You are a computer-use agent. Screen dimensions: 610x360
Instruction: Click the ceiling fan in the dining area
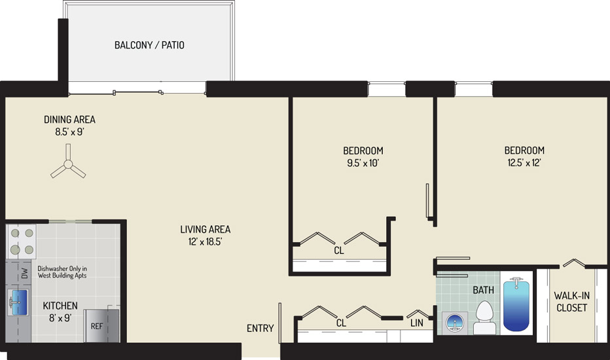click(x=68, y=164)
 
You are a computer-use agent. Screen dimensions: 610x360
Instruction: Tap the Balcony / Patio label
click(x=149, y=45)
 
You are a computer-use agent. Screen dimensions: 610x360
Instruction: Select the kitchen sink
click(x=18, y=302)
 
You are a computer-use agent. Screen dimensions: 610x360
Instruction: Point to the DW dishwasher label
click(x=24, y=273)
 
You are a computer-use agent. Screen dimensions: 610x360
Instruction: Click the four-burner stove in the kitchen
click(x=22, y=242)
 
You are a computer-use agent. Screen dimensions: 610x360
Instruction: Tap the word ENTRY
click(x=260, y=329)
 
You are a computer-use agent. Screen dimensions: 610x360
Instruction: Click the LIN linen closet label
click(x=417, y=323)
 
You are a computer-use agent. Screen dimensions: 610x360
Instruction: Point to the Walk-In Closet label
click(x=571, y=302)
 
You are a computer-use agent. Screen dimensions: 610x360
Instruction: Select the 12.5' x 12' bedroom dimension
click(x=524, y=163)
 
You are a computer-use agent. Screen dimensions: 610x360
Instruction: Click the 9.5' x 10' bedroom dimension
click(x=363, y=163)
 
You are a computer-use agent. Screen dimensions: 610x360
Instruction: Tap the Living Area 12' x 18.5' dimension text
click(x=205, y=242)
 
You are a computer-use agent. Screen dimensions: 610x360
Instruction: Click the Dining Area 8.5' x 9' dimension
click(x=69, y=132)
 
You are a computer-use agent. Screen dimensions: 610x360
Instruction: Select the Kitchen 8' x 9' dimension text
click(x=60, y=318)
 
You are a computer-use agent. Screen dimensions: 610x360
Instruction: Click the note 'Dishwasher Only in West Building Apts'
click(x=62, y=272)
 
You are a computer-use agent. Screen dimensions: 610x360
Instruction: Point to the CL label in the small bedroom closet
click(x=339, y=251)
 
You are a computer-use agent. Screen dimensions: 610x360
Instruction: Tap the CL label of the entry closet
click(x=341, y=323)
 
